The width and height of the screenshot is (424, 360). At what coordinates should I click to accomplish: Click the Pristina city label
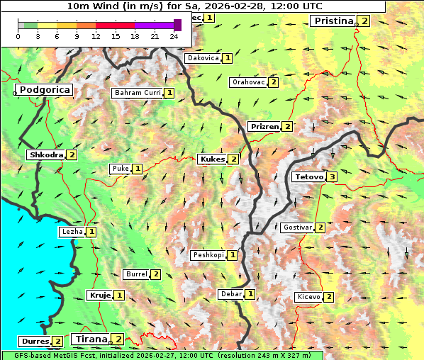[x=333, y=21]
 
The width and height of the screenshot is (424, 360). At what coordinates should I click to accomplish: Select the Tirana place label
[x=91, y=339]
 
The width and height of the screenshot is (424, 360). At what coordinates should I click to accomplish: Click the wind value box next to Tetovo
[x=332, y=176]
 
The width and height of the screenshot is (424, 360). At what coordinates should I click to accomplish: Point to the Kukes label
[x=212, y=159]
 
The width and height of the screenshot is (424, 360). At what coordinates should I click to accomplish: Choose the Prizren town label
[x=264, y=127]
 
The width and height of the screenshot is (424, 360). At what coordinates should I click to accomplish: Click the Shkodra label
[x=45, y=154]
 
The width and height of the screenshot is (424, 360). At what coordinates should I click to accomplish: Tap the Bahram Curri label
[x=138, y=93]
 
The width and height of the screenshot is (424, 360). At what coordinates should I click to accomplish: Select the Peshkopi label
[x=208, y=254]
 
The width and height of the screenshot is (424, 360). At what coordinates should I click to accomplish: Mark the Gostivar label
[x=297, y=227]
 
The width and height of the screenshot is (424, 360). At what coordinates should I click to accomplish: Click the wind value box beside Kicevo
[x=329, y=297]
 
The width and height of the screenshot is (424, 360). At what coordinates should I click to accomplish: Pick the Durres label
[x=35, y=342]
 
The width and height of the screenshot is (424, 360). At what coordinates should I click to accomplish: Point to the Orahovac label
[x=248, y=82]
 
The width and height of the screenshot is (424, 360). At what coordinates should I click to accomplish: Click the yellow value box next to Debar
[x=250, y=294]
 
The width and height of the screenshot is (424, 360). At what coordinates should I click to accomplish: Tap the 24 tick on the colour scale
[x=174, y=36]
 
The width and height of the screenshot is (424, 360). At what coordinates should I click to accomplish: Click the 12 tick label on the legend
[x=96, y=36]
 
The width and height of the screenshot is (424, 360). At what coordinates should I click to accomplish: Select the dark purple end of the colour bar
[x=177, y=25]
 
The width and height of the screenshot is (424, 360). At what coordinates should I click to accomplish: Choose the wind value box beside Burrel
[x=155, y=274]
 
